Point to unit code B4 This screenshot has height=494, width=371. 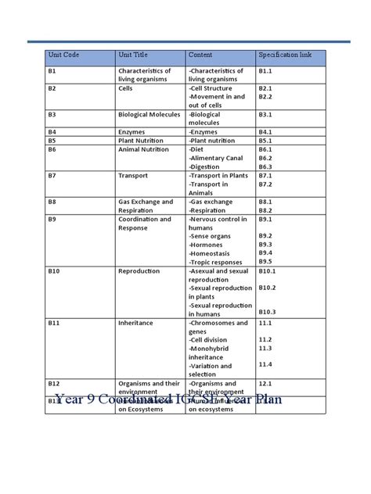click(x=54, y=132)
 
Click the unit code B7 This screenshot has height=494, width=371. click(x=53, y=176)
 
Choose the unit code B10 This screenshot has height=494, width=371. click(x=56, y=270)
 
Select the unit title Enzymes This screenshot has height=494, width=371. click(x=135, y=132)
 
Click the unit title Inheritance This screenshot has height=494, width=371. click(x=137, y=321)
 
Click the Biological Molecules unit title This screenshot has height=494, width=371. click(x=149, y=113)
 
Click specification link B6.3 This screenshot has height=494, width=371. click(x=265, y=166)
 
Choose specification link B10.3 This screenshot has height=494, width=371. click(x=268, y=312)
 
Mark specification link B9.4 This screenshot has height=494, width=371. click(x=265, y=252)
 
